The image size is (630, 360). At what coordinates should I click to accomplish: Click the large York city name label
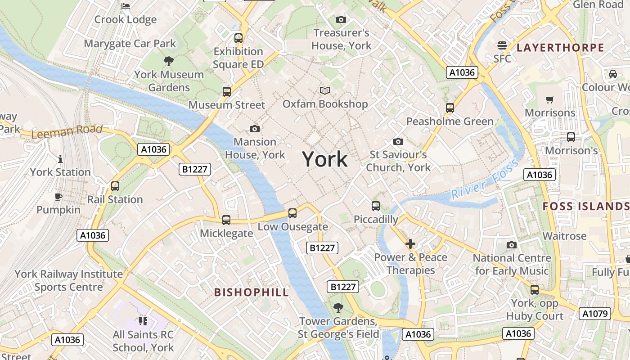coord(325,159)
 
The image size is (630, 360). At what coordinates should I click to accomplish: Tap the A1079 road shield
coord(594,314)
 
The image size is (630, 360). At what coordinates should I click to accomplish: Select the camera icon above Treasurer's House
coord(341,19)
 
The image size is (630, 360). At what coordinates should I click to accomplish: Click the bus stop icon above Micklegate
coord(226,220)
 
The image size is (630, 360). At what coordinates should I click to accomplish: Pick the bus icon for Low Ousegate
coord(292,213)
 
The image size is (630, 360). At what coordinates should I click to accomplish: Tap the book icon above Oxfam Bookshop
coord(325,90)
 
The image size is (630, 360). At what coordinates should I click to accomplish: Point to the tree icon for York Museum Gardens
coord(169,61)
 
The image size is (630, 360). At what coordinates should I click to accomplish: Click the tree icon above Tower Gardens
coord(338,308)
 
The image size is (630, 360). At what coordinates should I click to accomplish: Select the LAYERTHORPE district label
coord(560,48)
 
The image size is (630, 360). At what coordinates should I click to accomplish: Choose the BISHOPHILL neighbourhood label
coord(251,292)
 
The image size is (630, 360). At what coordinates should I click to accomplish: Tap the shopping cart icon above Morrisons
coord(549,99)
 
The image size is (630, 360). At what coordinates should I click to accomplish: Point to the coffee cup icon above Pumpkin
coord(58,197)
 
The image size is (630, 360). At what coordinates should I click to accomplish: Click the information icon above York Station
coord(60,159)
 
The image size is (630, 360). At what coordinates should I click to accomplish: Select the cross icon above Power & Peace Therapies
coord(410,244)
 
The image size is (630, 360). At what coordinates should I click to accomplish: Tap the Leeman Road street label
coord(67,131)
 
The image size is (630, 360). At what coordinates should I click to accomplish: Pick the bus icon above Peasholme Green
coord(450,108)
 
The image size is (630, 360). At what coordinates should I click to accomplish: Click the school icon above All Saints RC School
coord(143,321)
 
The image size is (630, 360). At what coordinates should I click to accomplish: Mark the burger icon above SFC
coord(502,45)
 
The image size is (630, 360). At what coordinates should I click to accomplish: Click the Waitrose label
coord(564,236)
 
